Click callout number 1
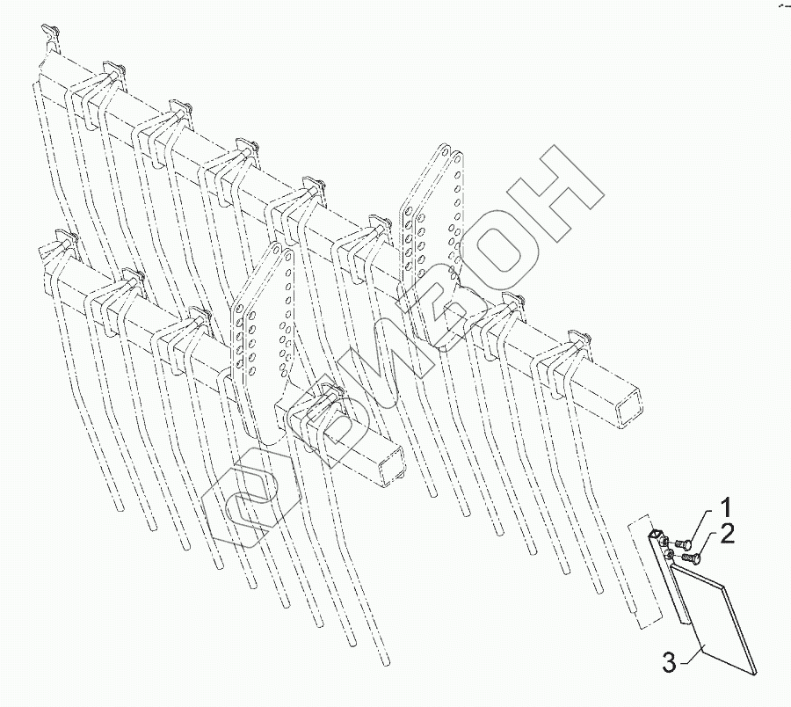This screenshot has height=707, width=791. [x=727, y=507]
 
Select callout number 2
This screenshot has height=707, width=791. [x=728, y=534]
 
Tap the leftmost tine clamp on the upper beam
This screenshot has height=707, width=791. [x=49, y=39]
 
